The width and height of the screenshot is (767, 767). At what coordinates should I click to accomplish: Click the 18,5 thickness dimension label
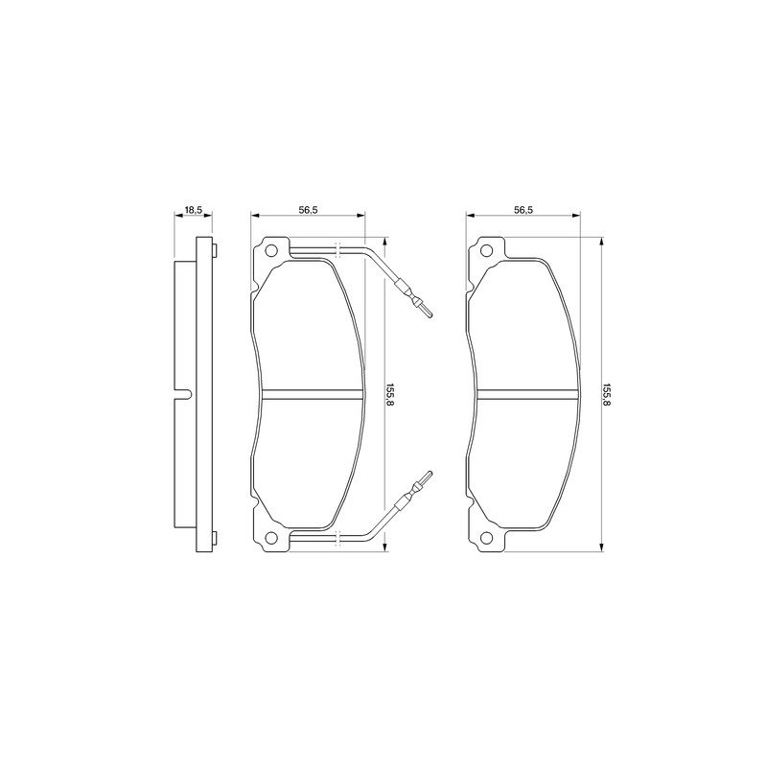[x=193, y=210]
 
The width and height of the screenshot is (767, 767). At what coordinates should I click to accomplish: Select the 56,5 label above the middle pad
[x=308, y=210]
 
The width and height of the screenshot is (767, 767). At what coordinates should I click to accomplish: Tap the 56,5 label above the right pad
[x=523, y=210]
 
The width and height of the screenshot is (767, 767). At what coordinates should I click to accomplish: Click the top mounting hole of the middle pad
[x=270, y=251]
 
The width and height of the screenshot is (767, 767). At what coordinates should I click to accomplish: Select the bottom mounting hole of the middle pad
[x=270, y=538]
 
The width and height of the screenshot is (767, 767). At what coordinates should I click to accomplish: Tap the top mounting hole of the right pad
[x=486, y=251]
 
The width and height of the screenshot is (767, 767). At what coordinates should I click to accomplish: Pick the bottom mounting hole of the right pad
[x=486, y=538]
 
